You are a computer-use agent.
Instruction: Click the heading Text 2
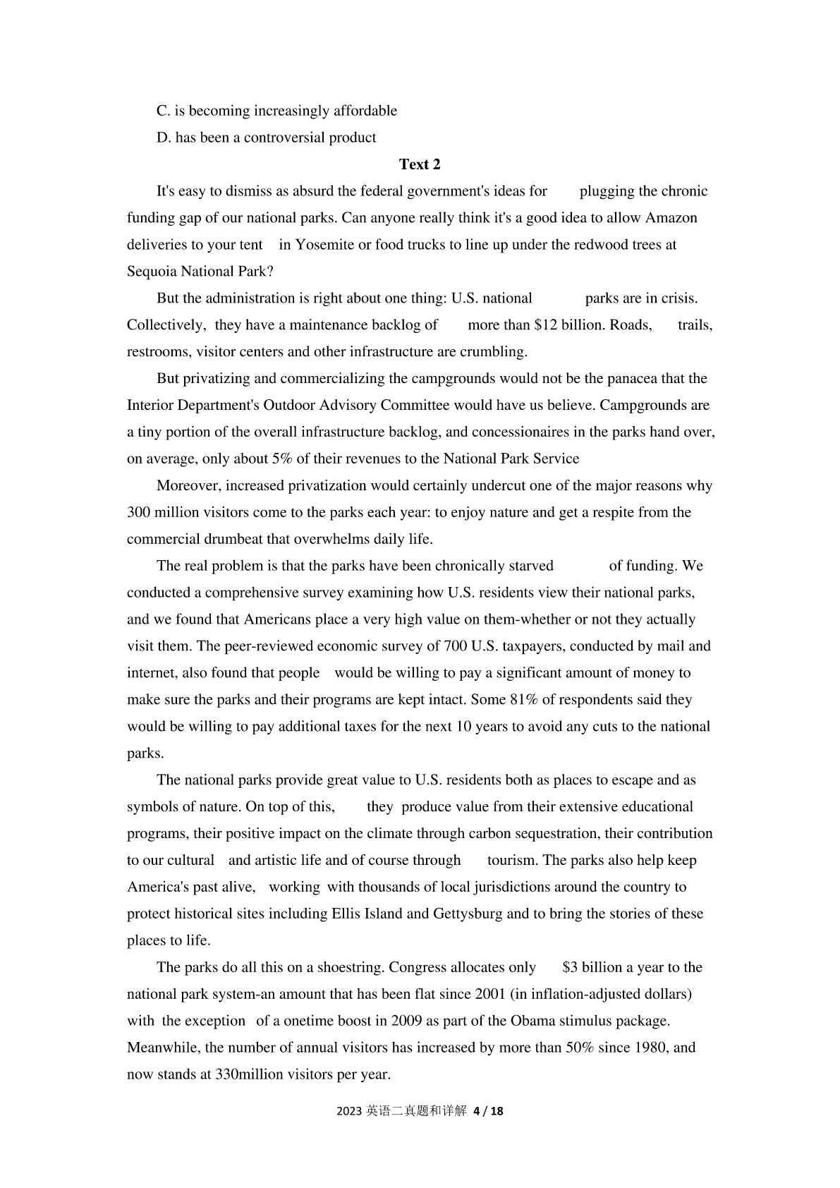[420, 164]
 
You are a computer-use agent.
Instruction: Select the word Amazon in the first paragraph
[671, 218]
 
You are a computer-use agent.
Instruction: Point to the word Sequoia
[152, 272]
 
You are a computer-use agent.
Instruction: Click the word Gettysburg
[468, 914]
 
